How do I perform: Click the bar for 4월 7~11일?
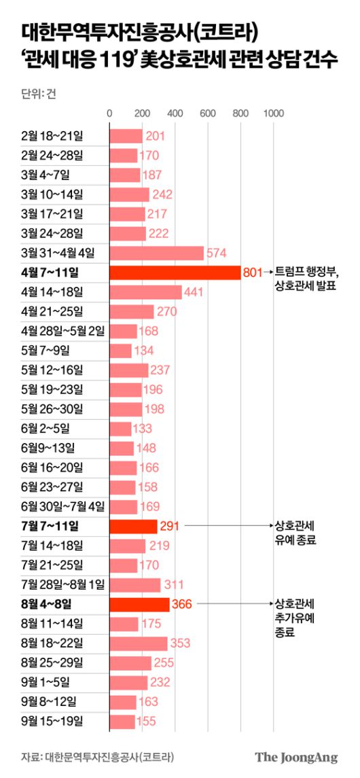coord(175,272)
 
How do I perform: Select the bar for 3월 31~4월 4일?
coord(156,253)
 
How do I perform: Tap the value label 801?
coord(252,272)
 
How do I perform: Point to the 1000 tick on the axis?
coord(273,113)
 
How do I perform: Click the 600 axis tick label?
coord(207,113)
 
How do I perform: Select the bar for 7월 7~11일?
coord(133,526)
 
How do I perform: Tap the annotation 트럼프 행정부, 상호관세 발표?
coord(306,279)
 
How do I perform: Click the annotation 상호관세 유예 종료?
coord(296,533)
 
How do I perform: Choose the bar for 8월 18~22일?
coord(139,643)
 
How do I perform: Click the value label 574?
coord(216,253)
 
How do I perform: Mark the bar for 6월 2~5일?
coord(121,429)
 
